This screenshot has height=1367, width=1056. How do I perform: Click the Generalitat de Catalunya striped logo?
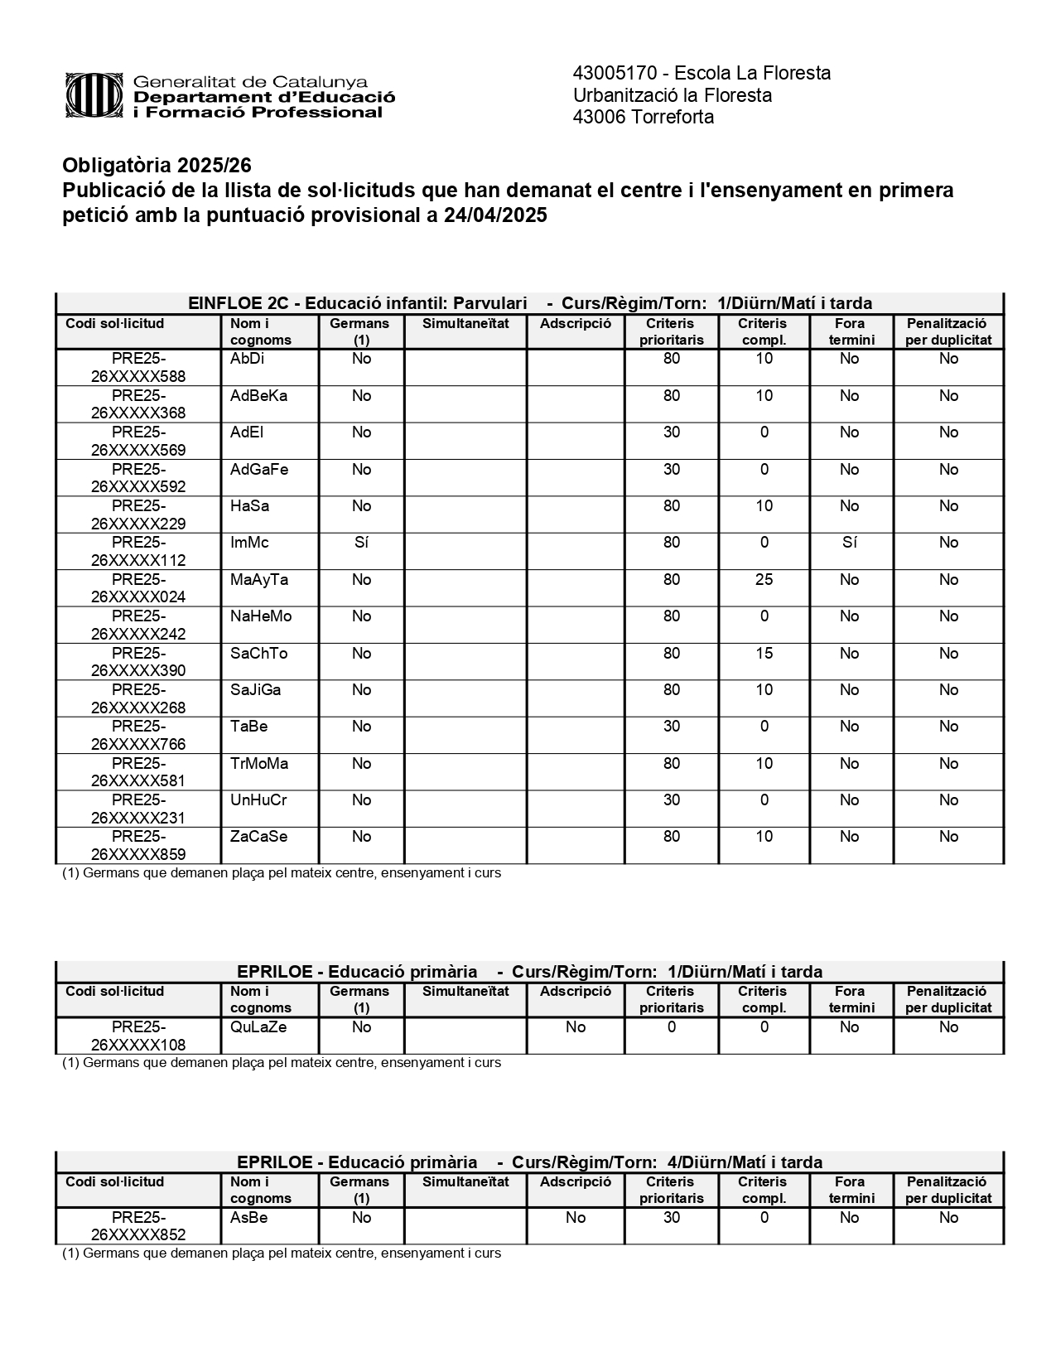click(x=97, y=96)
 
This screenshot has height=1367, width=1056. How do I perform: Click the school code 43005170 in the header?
click(x=612, y=73)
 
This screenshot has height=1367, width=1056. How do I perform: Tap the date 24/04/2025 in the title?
click(x=495, y=215)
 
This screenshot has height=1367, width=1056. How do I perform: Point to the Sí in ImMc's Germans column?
click(x=361, y=543)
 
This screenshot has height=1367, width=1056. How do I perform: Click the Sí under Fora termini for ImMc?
click(x=849, y=543)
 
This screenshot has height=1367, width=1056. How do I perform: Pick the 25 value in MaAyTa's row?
click(x=764, y=579)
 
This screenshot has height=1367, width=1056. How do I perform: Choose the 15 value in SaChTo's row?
click(x=764, y=653)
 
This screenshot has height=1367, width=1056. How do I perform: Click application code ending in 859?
click(x=138, y=845)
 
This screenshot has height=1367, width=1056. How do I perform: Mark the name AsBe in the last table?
click(x=248, y=1217)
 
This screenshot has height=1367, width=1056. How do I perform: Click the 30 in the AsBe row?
click(x=671, y=1217)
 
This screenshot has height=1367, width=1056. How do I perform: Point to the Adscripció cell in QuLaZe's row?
click(x=575, y=1027)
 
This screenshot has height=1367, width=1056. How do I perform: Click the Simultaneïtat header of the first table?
click(x=465, y=323)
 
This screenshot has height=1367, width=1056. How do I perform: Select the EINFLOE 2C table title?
click(x=529, y=303)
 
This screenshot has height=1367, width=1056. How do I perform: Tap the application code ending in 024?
click(x=138, y=588)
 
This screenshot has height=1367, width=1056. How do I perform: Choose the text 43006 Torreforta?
click(x=643, y=117)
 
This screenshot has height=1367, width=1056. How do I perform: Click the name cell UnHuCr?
click(x=258, y=799)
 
